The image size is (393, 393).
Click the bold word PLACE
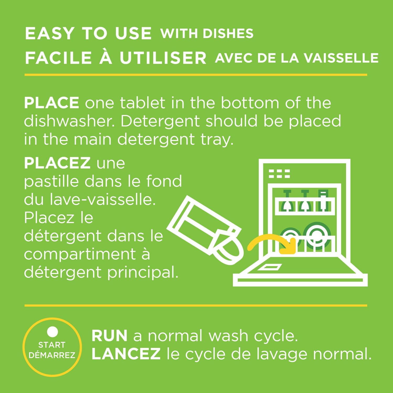[x=52, y=103]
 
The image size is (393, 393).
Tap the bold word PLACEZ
[x=57, y=163]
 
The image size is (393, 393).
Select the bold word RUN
[x=110, y=336]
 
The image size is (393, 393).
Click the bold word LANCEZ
[x=126, y=354]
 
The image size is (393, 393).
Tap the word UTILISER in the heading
[x=163, y=58]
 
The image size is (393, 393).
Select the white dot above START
[x=52, y=332]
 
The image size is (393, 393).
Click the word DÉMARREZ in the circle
[x=52, y=355]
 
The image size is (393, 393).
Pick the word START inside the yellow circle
[x=52, y=345]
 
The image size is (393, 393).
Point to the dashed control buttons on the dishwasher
[x=279, y=173]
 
